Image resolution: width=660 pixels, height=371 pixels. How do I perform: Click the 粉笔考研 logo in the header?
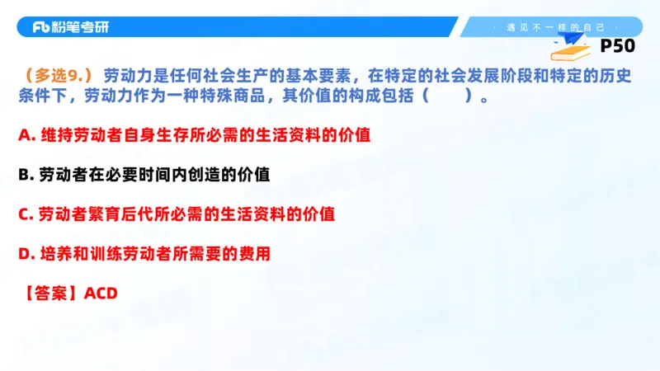click(x=70, y=27)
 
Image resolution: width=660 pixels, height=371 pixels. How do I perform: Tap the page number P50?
click(x=623, y=46)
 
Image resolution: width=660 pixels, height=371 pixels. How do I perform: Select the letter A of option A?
click(x=24, y=135)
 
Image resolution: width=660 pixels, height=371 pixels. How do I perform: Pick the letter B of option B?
click(x=24, y=175)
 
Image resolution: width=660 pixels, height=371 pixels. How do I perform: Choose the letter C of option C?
click(x=24, y=214)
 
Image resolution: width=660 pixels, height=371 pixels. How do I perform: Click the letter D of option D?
click(x=24, y=254)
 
